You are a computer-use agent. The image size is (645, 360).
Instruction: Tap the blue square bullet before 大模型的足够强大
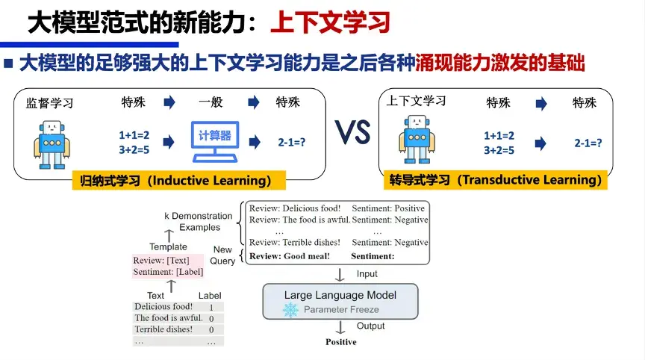point(9,63)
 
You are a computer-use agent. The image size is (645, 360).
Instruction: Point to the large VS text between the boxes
point(352,135)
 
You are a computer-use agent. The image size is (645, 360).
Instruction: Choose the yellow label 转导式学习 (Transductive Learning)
point(495,180)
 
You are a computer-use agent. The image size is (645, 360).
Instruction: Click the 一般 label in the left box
point(211,102)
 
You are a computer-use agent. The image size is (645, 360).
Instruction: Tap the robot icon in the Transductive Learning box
point(417,140)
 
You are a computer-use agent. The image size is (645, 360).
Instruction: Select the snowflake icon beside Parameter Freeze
point(290,309)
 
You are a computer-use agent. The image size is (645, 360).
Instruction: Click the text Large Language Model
point(340,295)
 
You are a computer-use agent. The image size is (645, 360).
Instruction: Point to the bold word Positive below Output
point(340,342)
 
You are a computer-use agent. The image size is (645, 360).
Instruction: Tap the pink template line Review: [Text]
point(161,261)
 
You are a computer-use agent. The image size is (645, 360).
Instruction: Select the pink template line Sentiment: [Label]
point(168,272)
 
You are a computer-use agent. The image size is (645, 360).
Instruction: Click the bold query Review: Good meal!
point(290,256)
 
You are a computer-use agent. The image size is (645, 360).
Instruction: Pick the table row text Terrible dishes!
point(163,329)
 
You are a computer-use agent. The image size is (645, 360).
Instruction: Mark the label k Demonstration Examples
point(199,222)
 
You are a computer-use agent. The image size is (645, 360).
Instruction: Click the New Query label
point(223,255)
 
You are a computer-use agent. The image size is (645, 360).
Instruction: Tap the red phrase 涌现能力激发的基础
point(499,63)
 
